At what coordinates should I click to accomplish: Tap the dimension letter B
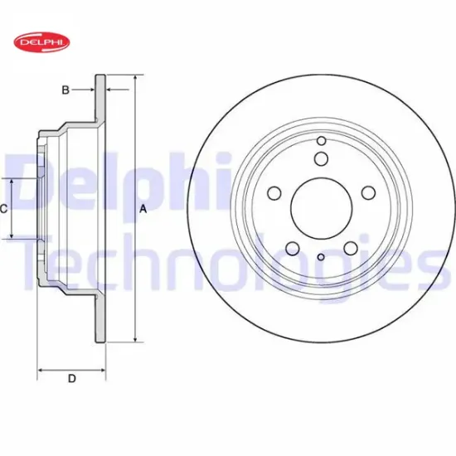65,90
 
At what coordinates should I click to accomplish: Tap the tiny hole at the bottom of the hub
321,257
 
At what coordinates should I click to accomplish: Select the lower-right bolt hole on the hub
350,247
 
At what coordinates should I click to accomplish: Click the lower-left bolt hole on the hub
292,247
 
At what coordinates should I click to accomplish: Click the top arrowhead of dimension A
133,78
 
